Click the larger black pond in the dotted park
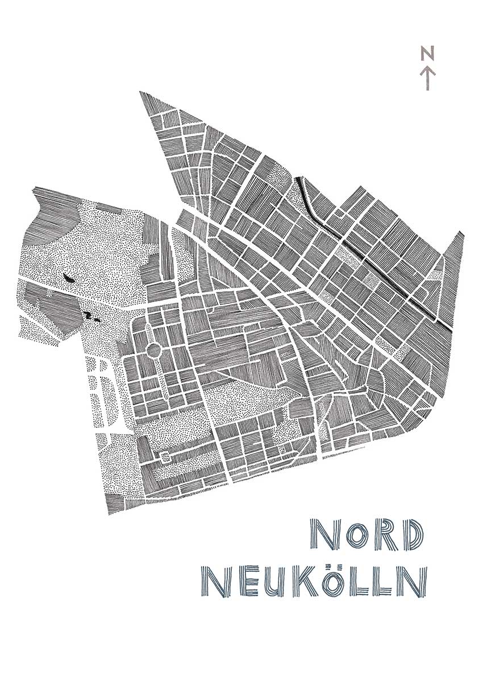point(68,278)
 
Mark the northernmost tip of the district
point(141,92)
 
